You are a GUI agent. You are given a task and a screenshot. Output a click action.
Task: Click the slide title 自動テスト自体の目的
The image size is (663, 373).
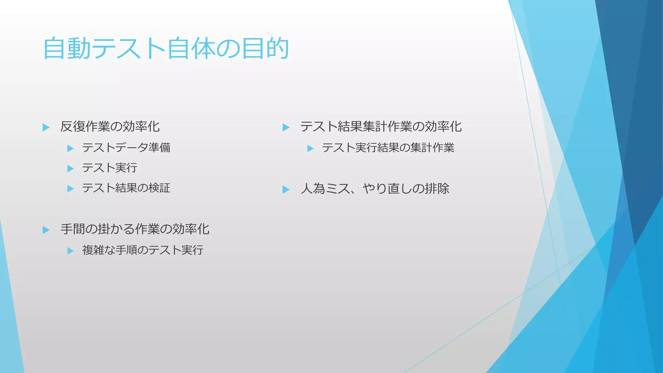(x=166, y=49)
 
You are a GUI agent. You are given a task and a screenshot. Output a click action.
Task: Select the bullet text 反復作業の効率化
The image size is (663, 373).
(x=110, y=127)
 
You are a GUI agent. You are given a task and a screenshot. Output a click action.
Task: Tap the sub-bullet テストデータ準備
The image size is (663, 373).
(x=126, y=148)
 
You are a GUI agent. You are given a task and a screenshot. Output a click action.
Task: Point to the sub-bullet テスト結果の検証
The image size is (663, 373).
(x=126, y=188)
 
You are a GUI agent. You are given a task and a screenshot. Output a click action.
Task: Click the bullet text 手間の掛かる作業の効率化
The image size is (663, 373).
(x=135, y=229)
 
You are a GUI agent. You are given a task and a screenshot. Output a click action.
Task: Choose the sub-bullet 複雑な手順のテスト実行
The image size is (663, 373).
(x=143, y=250)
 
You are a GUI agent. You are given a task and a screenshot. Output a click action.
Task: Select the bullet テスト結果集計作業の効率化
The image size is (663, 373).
(x=381, y=127)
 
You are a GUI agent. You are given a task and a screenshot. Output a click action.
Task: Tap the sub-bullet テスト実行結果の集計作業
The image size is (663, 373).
(x=388, y=148)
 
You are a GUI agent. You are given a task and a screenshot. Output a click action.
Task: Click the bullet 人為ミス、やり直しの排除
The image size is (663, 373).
(x=375, y=188)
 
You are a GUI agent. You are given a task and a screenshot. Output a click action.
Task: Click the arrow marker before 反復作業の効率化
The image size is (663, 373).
(x=46, y=127)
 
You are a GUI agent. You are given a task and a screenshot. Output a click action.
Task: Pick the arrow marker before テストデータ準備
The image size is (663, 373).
(x=70, y=149)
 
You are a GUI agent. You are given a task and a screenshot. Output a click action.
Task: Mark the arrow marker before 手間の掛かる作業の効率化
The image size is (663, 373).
(x=46, y=230)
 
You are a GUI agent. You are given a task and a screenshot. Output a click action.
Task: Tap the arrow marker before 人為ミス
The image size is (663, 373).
(x=286, y=189)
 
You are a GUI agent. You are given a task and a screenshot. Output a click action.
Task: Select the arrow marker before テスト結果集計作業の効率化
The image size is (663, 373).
(x=286, y=127)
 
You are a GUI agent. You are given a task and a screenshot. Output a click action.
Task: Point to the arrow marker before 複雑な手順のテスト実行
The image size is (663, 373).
(x=70, y=251)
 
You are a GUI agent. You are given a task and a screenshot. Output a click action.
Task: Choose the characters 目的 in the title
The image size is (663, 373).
(x=265, y=49)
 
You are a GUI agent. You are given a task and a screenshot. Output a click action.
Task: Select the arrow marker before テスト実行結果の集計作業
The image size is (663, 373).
(x=310, y=149)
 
